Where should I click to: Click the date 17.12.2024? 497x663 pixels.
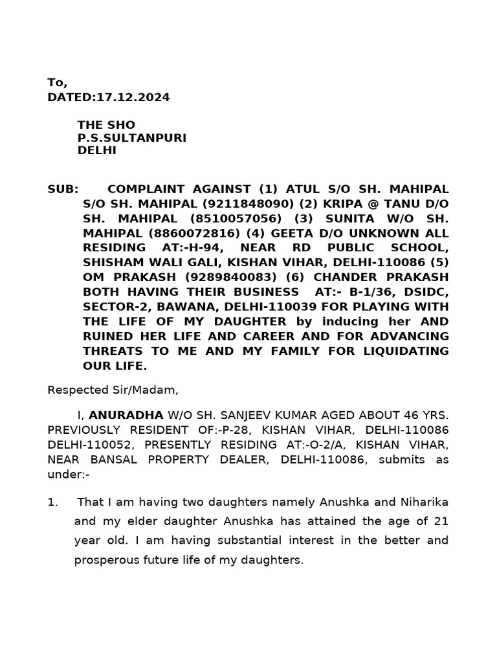click(133, 98)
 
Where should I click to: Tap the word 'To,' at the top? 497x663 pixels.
click(57, 83)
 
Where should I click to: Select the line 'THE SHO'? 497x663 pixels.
click(107, 125)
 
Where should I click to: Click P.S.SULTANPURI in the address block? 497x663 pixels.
click(131, 138)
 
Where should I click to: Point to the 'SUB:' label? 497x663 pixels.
click(63, 189)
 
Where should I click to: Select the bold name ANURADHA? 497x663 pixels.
click(126, 415)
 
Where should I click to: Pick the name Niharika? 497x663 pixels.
click(421, 502)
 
